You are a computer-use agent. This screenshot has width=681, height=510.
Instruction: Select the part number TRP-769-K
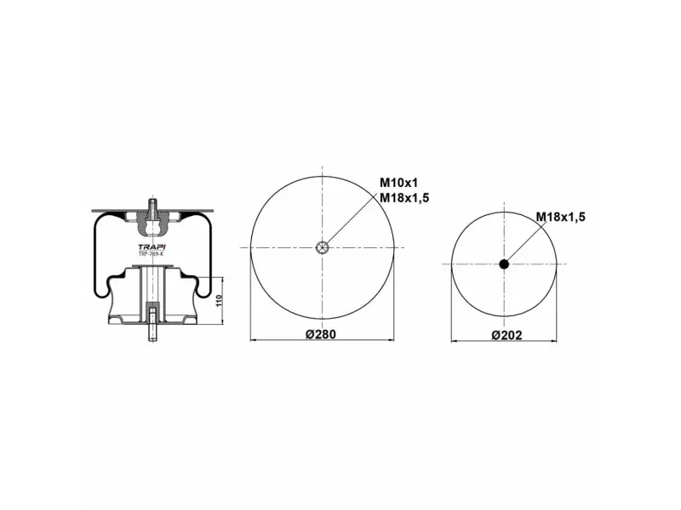152,253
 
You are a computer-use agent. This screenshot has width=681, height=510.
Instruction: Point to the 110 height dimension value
219,301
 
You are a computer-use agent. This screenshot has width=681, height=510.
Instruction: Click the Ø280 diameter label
321,334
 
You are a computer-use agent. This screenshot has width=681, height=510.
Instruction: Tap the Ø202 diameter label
506,335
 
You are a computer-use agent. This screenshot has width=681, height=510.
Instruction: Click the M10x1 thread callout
398,183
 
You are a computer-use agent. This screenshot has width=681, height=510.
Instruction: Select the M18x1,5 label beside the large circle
404,198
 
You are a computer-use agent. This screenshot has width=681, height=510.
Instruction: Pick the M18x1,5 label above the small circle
561,217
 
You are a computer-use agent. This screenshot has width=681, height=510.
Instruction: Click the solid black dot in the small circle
504,263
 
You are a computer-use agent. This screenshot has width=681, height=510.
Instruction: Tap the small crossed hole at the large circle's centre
322,247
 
